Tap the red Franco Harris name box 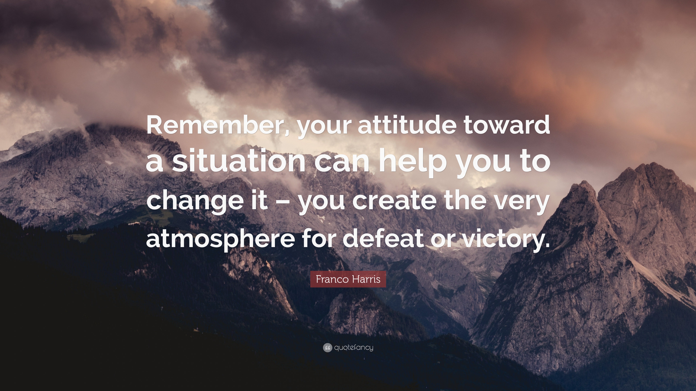click(348, 279)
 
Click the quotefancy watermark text click(354, 348)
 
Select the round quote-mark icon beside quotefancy click(327, 348)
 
